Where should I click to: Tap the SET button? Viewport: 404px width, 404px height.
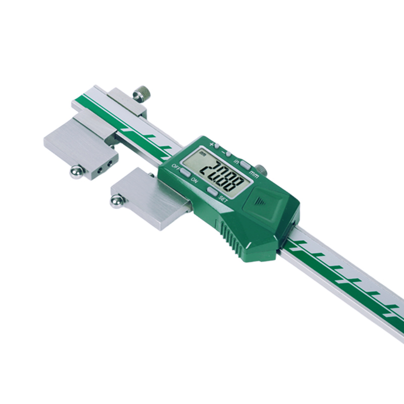point(212,191)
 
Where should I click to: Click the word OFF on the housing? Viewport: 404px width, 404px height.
point(175,166)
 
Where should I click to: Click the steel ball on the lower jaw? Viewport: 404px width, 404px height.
point(116,202)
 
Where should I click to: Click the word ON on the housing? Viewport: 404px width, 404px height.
point(194,180)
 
